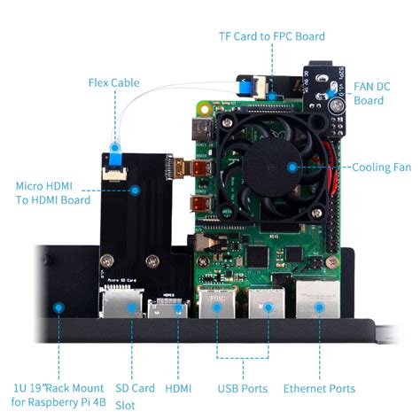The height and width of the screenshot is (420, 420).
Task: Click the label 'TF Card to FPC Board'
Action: click(x=272, y=36)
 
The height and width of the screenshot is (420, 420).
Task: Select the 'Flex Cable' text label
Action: click(x=113, y=82)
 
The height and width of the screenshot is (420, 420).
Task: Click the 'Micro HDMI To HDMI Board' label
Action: click(x=53, y=192)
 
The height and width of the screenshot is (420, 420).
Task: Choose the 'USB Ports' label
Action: click(x=243, y=388)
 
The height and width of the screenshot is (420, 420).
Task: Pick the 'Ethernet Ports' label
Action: click(x=319, y=388)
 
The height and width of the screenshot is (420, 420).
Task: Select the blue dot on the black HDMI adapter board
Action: click(x=136, y=189)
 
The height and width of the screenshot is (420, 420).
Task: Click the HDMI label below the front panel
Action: click(x=178, y=388)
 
